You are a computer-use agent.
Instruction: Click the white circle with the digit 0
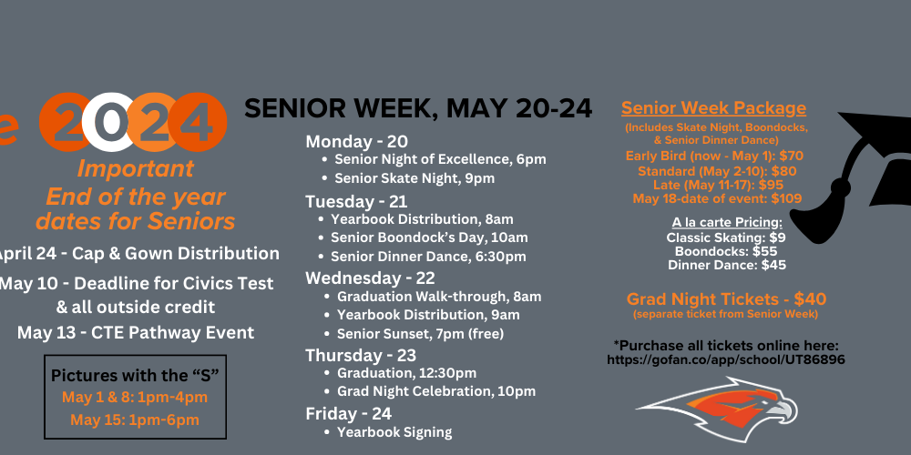pyautogui.click(x=108, y=122)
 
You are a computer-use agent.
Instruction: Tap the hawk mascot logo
pyautogui.click(x=718, y=410)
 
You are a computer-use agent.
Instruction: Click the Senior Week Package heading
pyautogui.click(x=713, y=108)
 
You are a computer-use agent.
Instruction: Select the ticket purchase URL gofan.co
pyautogui.click(x=726, y=359)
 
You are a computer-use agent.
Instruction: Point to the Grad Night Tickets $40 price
pyautogui.click(x=726, y=299)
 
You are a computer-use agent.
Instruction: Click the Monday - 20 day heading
pyautogui.click(x=357, y=142)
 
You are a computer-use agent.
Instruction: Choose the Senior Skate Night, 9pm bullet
pyautogui.click(x=415, y=178)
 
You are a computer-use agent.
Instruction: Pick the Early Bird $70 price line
pyautogui.click(x=714, y=156)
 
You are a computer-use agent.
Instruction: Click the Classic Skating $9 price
pyautogui.click(x=726, y=238)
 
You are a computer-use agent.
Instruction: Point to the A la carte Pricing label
pyautogui.click(x=727, y=223)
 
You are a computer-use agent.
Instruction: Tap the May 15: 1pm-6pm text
pyautogui.click(x=135, y=420)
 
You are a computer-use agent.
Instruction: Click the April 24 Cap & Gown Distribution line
pyautogui.click(x=138, y=254)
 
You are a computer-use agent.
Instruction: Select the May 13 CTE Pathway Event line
pyautogui.click(x=136, y=332)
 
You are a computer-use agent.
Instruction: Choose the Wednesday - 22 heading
pyautogui.click(x=370, y=278)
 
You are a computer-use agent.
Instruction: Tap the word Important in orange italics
pyautogui.click(x=136, y=169)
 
